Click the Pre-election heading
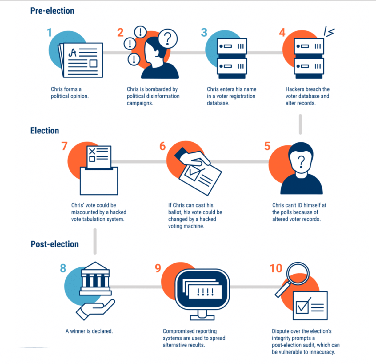coord(52,11)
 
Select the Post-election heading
coord(54,244)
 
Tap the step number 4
coord(282,33)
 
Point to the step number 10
coord(276,268)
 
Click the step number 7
coord(64,146)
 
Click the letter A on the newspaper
coord(73,53)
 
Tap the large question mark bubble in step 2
coord(168,39)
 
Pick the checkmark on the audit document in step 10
coord(303,306)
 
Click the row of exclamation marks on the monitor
coord(205,292)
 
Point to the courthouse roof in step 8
coord(95,266)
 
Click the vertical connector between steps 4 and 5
coord(300,124)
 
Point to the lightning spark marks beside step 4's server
coord(329,31)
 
